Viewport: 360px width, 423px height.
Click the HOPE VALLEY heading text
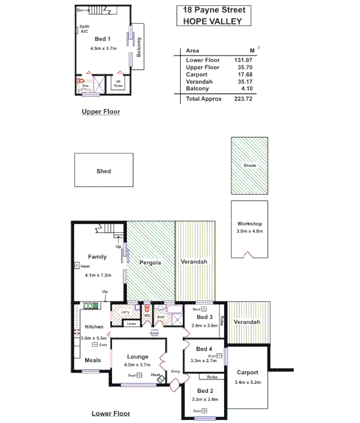(212, 21)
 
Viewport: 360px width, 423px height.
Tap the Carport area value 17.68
(243, 75)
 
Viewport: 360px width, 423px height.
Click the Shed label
(104, 171)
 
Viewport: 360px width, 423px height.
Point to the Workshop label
(250, 224)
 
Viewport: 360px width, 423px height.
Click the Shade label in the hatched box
(250, 166)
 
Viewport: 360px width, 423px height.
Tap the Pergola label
(150, 262)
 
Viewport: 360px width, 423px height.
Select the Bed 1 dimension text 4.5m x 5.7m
(103, 48)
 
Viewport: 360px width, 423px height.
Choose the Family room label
(97, 257)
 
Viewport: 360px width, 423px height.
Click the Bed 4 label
(204, 349)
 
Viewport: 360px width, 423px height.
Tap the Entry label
(176, 372)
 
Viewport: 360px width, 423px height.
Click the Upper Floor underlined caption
(101, 112)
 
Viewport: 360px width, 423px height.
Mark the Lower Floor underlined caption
(111, 413)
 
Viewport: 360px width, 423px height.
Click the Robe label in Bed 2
(213, 378)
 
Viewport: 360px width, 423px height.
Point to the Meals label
(93, 360)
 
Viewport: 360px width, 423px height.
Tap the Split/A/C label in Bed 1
(85, 29)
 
